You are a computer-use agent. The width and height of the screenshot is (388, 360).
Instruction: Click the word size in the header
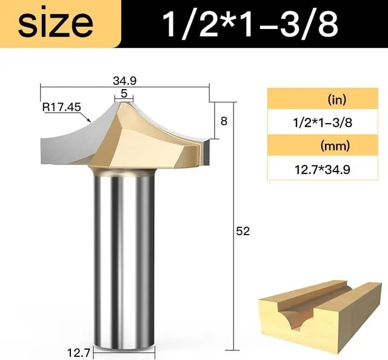[55, 24]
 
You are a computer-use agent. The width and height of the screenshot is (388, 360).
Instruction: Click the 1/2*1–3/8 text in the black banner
[250, 24]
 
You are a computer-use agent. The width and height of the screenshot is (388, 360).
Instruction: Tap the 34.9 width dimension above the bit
[125, 81]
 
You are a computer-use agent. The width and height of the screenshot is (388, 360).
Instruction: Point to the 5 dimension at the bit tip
[124, 93]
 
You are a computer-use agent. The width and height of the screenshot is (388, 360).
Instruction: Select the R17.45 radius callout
[62, 107]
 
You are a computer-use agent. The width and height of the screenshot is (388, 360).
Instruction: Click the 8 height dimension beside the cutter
[224, 121]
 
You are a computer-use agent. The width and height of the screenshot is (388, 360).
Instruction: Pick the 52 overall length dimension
[242, 231]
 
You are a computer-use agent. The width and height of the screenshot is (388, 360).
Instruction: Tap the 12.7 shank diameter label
[78, 353]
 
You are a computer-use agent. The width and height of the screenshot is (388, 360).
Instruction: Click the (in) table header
[337, 100]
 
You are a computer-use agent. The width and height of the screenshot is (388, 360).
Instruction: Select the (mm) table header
[335, 146]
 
